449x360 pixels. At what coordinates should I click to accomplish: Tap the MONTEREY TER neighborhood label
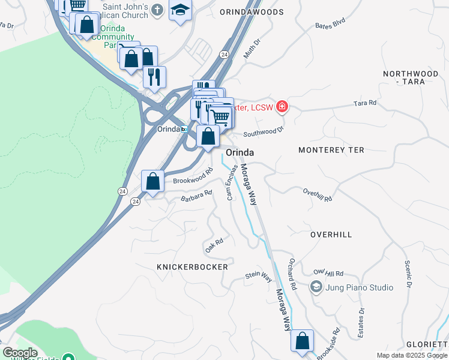(x=331, y=150)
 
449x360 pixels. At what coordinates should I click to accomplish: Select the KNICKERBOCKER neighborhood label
(x=192, y=266)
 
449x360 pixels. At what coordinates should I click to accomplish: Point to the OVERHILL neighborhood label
(x=331, y=235)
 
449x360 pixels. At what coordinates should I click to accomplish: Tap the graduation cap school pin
(x=179, y=10)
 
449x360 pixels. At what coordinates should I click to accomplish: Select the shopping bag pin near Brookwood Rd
(x=153, y=181)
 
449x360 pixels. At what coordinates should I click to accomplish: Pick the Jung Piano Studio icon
(x=316, y=287)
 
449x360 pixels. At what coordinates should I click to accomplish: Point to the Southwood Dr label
(x=262, y=130)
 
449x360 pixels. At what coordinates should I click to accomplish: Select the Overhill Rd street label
(x=317, y=194)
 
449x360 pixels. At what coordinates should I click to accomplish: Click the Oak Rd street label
(x=214, y=245)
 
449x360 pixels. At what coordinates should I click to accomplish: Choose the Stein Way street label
(x=258, y=277)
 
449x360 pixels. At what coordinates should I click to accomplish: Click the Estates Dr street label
(x=361, y=323)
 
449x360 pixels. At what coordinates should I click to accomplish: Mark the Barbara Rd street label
(x=197, y=195)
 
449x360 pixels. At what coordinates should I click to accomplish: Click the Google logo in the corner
(x=20, y=353)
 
